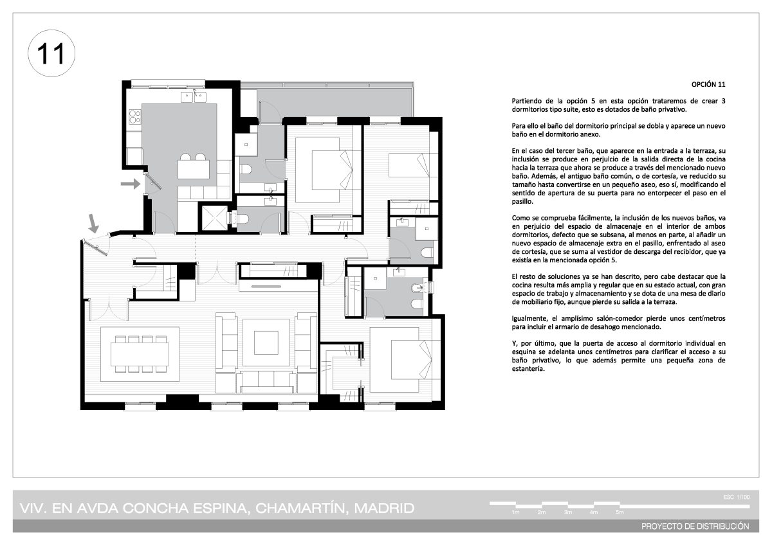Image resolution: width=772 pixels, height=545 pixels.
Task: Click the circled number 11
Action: click(x=51, y=53)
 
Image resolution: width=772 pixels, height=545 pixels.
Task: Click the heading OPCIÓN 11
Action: click(x=708, y=84)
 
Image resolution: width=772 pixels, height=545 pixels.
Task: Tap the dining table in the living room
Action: click(x=140, y=354)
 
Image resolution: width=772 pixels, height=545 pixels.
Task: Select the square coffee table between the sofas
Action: click(x=266, y=343)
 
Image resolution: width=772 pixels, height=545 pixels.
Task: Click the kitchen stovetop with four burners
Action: click(x=134, y=116)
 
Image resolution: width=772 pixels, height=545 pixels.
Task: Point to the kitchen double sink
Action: click(x=194, y=97)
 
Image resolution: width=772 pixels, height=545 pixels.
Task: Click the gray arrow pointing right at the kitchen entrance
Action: click(x=130, y=184)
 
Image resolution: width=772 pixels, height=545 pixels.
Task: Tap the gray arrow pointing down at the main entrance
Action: click(x=93, y=223)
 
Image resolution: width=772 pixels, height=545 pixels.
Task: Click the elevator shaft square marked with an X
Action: click(x=214, y=219)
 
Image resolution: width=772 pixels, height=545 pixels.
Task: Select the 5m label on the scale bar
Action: click(x=620, y=512)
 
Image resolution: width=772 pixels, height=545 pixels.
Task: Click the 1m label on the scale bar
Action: click(x=515, y=512)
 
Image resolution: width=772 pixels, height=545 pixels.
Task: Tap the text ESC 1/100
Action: click(x=737, y=497)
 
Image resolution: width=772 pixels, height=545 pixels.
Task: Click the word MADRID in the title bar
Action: click(x=384, y=508)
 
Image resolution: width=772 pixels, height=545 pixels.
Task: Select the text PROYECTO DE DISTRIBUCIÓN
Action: click(x=695, y=526)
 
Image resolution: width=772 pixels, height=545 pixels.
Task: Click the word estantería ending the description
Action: click(x=528, y=369)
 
